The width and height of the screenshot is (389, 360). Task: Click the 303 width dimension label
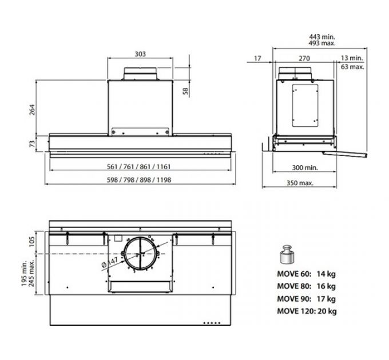click(x=140, y=54)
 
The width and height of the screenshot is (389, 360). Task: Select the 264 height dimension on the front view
click(x=32, y=110)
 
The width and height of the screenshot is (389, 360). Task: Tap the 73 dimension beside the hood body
click(x=32, y=143)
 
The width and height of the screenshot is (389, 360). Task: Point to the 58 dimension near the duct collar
click(x=185, y=91)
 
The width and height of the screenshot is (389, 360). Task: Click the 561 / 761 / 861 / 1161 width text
click(x=138, y=166)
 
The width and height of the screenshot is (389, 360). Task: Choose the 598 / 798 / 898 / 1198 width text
click(x=139, y=180)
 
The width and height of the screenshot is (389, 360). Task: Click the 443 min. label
click(x=322, y=37)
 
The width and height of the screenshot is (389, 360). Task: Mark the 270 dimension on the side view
click(x=304, y=58)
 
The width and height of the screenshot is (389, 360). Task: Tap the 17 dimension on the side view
click(x=258, y=58)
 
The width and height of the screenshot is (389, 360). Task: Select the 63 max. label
click(x=352, y=67)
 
